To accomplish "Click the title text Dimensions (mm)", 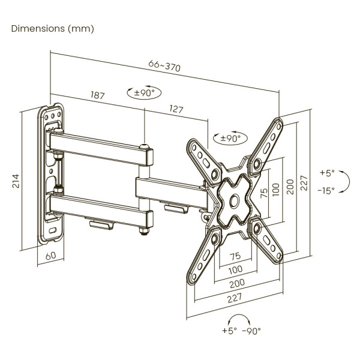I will [x=53, y=29].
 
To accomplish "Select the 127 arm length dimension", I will [x=176, y=109].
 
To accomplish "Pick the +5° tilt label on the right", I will [x=326, y=173].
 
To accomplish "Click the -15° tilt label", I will [x=326, y=191].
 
